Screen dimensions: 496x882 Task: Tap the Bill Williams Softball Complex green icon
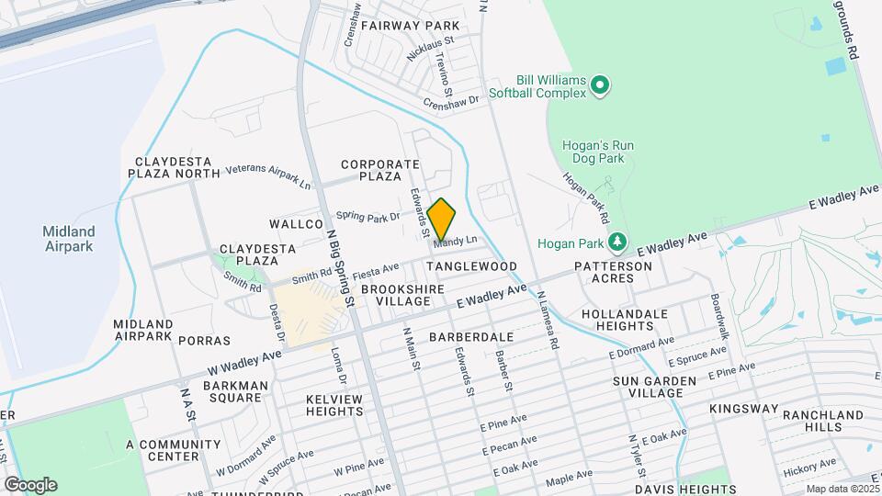[x=600, y=86]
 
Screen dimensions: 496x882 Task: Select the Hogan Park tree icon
[x=619, y=242]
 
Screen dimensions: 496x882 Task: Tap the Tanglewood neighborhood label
[x=472, y=265]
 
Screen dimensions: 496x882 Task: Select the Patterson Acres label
[x=613, y=272]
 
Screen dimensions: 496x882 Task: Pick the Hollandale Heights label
[x=624, y=320]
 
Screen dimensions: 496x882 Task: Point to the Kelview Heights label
[x=334, y=405]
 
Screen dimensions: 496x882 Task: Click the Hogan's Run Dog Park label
[x=598, y=152]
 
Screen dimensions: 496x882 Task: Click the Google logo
[x=30, y=485]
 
